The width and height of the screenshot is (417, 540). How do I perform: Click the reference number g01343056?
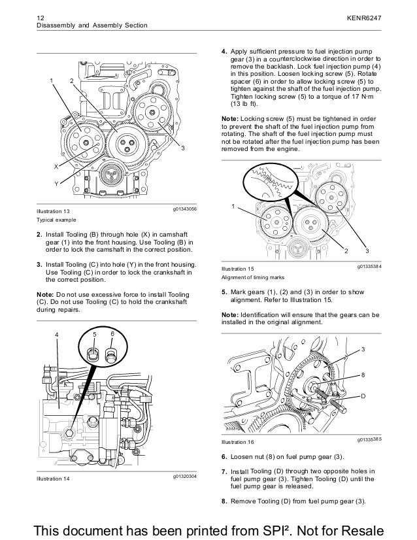click(184, 207)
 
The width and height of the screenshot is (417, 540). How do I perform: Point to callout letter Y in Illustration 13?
click(56, 183)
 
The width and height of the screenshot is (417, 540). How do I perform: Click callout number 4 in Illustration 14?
click(57, 335)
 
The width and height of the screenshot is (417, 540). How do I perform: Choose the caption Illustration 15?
click(239, 269)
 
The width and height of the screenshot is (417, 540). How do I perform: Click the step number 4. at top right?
click(225, 50)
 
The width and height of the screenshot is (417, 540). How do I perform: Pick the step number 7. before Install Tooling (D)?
click(225, 471)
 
